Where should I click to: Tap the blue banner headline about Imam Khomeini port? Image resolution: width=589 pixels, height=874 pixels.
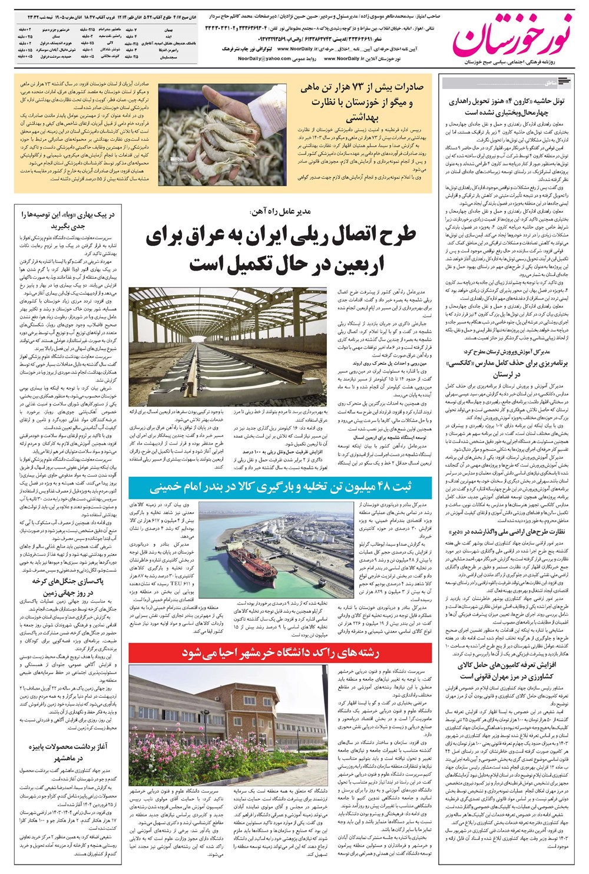[280, 487]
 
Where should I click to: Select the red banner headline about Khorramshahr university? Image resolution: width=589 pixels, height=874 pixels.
[280, 652]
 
